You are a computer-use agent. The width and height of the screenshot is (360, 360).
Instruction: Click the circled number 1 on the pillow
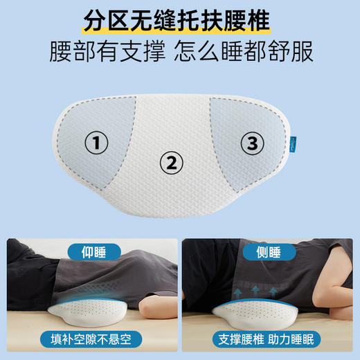(97, 143)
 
